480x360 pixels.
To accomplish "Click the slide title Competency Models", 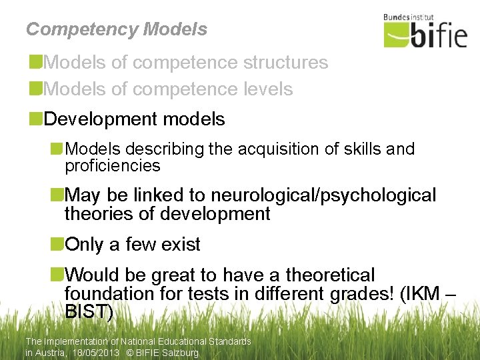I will pyautogui.click(x=117, y=29).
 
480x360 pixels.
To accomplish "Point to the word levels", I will pyautogui.click(x=267, y=89).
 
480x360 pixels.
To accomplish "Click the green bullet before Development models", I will pyautogui.click(x=35, y=119).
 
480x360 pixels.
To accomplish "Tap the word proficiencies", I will pyautogui.click(x=113, y=165).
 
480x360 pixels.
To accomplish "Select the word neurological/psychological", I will pyautogui.click(x=323, y=195).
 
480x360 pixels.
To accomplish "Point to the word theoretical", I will pyautogui.click(x=330, y=275).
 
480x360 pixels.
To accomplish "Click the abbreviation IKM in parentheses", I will pyautogui.click(x=421, y=293).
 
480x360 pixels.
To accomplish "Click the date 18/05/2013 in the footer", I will pyautogui.click(x=98, y=353).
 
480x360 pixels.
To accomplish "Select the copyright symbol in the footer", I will pyautogui.click(x=131, y=353).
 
